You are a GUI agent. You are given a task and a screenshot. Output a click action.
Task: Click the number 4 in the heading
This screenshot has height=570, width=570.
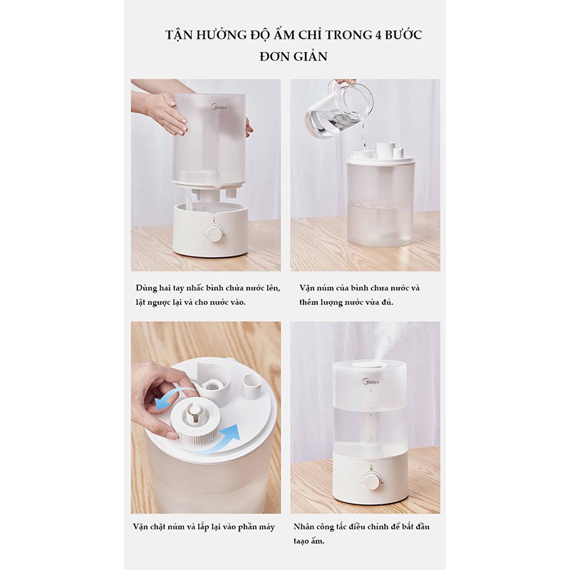pos(378,34)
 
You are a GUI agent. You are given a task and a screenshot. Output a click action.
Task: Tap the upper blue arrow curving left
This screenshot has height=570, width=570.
pos(171,399)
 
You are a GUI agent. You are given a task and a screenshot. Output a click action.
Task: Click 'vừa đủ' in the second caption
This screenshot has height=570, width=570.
pos(377,302)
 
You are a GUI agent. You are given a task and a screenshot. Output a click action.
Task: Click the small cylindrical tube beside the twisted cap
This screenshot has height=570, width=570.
pos(251,385)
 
